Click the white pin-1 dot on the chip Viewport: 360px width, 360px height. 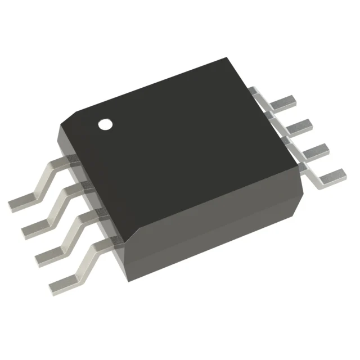[x=105, y=124]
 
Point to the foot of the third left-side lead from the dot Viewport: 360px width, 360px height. [x=49, y=253]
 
